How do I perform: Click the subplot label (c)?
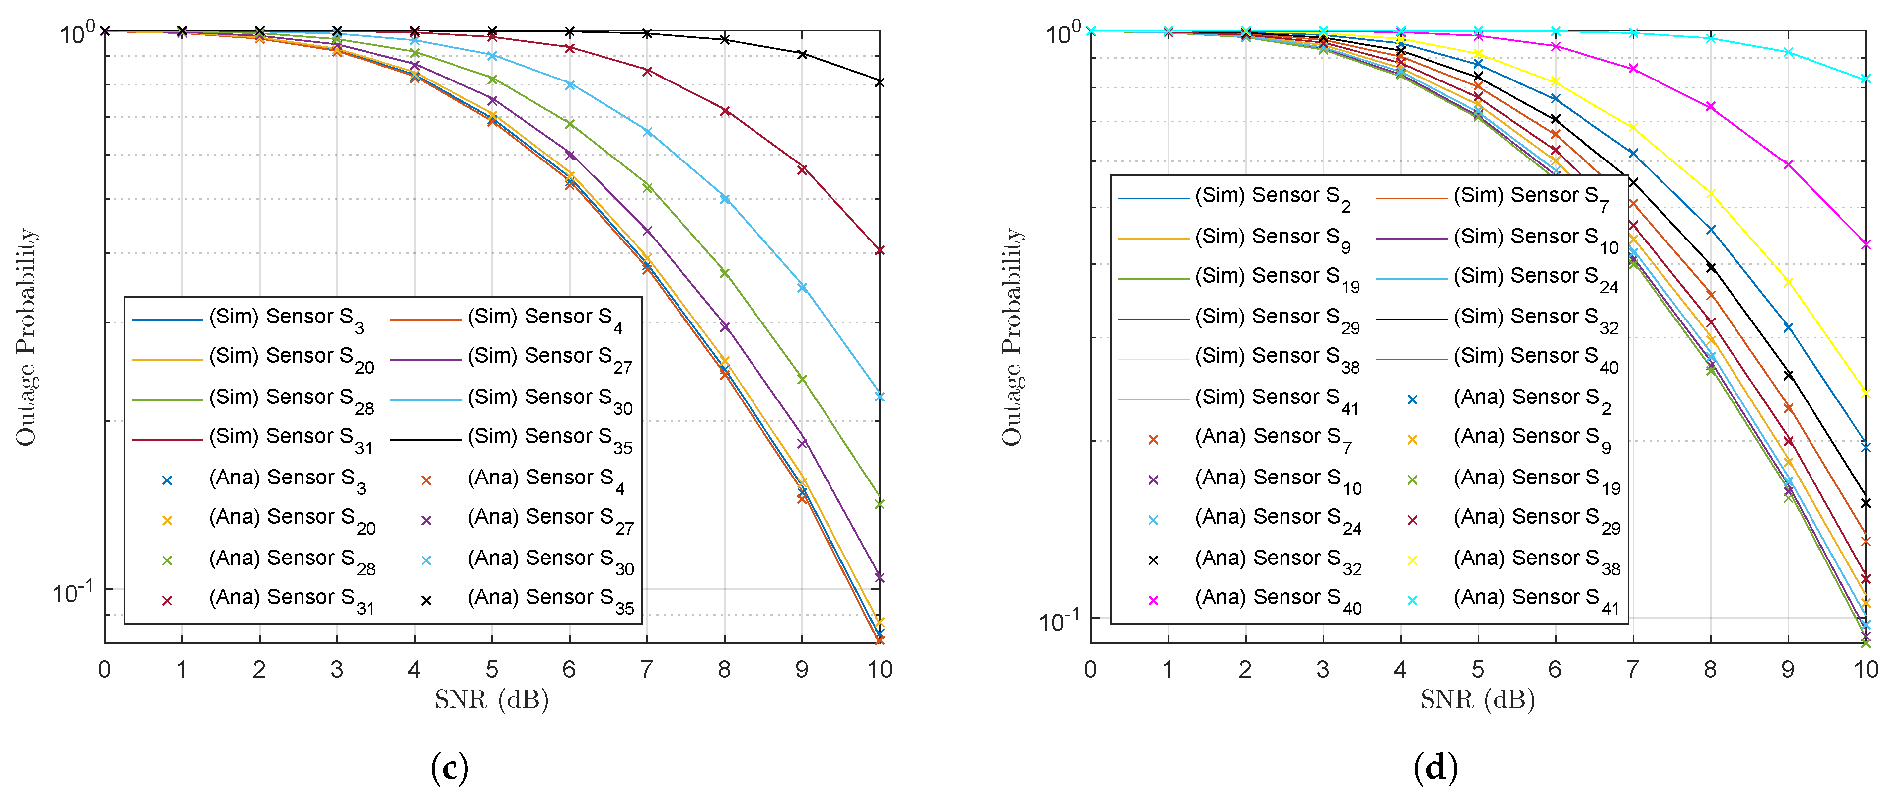click(450, 767)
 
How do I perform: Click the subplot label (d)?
click(1435, 767)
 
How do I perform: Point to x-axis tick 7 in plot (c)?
click(647, 669)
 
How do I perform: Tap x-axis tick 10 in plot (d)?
click(1865, 669)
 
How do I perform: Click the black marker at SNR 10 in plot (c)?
click(879, 82)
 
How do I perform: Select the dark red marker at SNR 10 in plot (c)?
click(879, 250)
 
